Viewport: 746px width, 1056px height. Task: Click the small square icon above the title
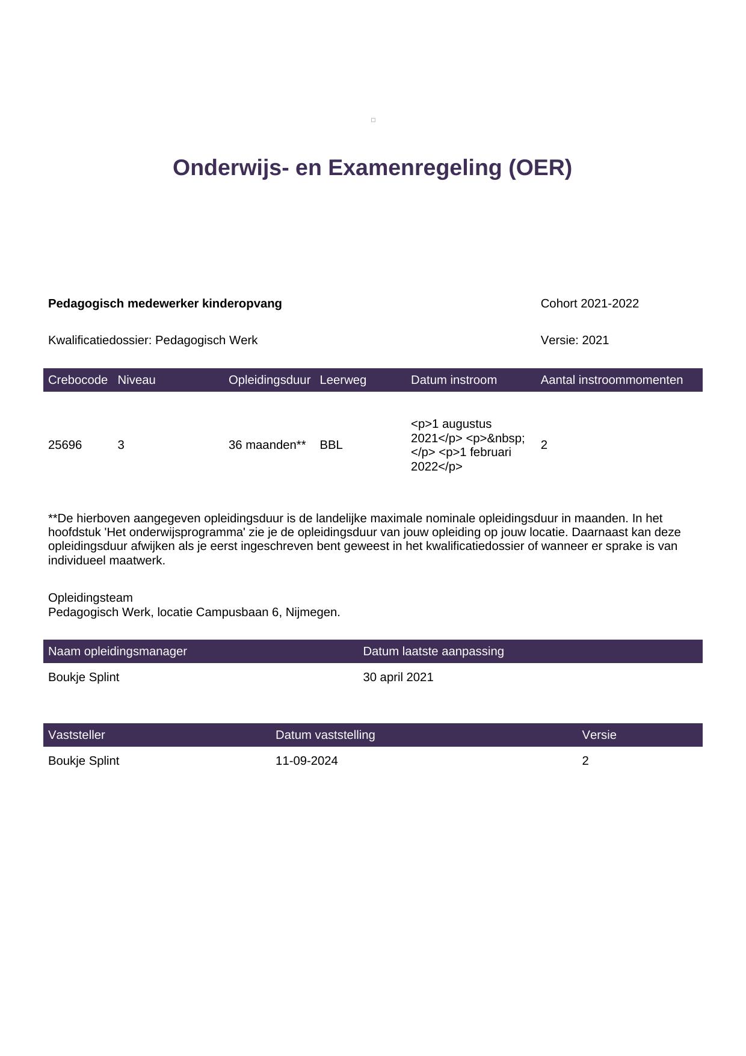[x=373, y=120]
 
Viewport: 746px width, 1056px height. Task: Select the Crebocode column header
[x=78, y=380]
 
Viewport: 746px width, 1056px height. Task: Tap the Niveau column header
[x=137, y=380]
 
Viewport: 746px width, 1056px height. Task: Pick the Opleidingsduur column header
[x=269, y=380]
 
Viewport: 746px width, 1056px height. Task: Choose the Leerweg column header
[x=343, y=380]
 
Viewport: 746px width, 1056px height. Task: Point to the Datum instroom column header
[x=454, y=380]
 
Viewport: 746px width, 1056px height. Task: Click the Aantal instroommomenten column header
[x=611, y=380]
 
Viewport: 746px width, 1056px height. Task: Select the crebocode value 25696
[x=65, y=445]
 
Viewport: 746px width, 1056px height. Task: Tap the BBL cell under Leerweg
[x=331, y=445]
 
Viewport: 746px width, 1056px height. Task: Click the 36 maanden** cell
[x=267, y=445]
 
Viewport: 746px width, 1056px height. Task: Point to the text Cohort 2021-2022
[x=590, y=304]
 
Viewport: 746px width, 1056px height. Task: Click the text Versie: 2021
[x=575, y=341]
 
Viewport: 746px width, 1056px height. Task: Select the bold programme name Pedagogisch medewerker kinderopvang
[x=165, y=304]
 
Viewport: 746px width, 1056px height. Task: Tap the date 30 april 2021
[x=398, y=678]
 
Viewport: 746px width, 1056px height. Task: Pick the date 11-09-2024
[x=306, y=761]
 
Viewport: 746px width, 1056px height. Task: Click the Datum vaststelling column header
[x=325, y=735]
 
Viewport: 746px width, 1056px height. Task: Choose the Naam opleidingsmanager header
[x=117, y=652]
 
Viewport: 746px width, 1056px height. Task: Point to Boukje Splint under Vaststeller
[x=84, y=761]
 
